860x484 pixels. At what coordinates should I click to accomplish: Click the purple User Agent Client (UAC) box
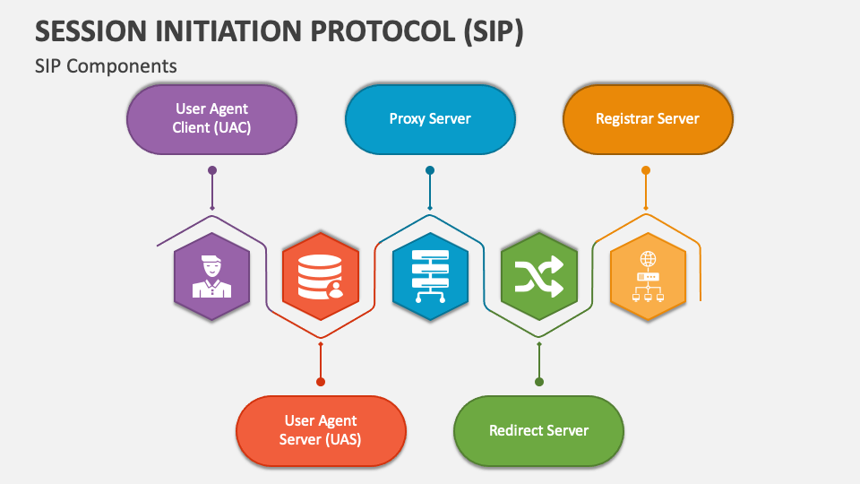211,118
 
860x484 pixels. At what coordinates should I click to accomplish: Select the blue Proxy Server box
430,118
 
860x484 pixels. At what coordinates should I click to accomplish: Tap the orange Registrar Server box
648,118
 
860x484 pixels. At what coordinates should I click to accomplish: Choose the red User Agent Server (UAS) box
321,430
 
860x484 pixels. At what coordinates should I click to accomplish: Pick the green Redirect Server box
538,430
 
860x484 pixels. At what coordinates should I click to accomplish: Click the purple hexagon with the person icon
211,276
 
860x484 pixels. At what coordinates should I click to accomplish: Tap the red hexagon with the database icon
321,276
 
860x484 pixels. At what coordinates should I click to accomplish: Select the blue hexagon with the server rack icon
430,276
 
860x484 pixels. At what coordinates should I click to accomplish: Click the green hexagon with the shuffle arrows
538,276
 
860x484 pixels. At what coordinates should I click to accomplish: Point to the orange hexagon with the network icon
648,276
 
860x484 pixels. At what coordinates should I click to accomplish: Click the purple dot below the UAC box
212,169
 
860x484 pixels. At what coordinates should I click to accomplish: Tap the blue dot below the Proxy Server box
430,169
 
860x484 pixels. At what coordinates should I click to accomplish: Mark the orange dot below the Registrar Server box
646,169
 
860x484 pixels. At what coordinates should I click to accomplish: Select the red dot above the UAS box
321,382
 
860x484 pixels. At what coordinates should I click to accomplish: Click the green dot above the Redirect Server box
539,382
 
